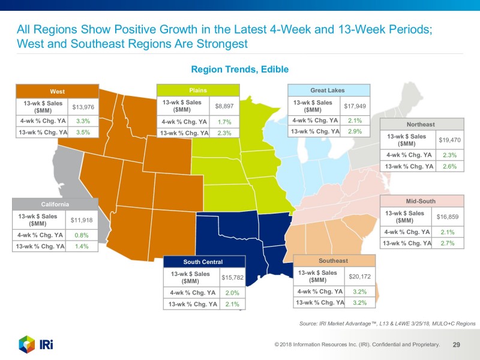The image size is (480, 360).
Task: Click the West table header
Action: (58, 92)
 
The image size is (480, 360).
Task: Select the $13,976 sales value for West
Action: (83, 107)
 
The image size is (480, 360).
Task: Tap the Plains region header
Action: (198, 90)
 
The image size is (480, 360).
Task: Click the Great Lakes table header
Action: (328, 90)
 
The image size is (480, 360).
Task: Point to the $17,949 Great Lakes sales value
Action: (355, 106)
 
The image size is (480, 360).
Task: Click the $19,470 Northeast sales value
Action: (449, 140)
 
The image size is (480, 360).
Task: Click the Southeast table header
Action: (334, 261)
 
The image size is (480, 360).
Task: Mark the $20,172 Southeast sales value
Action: (360, 277)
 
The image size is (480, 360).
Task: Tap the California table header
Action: (55, 205)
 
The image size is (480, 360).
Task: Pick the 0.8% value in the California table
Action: (82, 235)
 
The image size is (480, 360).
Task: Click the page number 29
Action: (456, 344)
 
